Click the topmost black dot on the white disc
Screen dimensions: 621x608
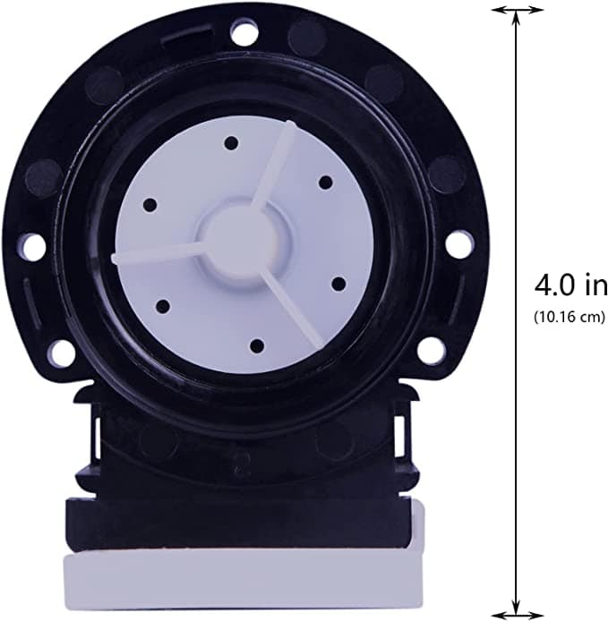[231, 143]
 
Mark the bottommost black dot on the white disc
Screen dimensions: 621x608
[256, 344]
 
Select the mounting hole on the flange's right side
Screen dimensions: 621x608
[458, 243]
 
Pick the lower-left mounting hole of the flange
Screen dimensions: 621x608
[60, 352]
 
